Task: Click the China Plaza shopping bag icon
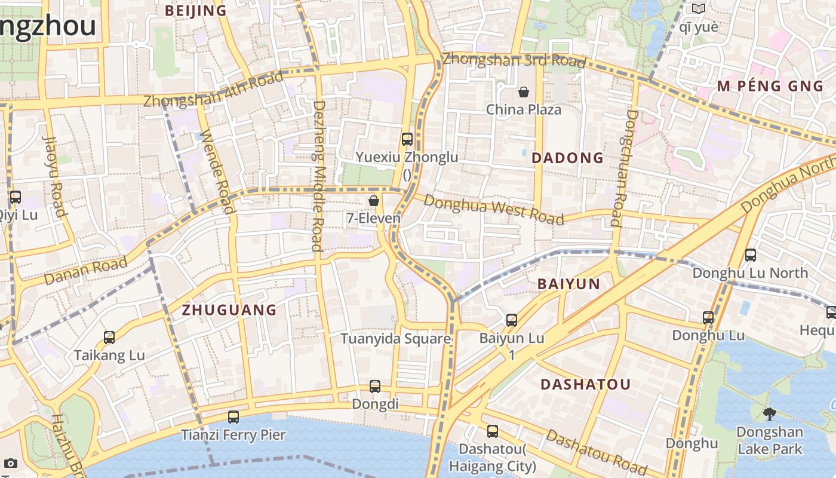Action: click(524, 92)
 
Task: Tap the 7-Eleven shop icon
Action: click(374, 201)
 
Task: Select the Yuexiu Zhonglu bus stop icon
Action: click(407, 139)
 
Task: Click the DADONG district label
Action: click(567, 158)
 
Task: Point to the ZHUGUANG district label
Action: click(229, 310)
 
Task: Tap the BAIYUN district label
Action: click(568, 284)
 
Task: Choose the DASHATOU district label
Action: click(585, 385)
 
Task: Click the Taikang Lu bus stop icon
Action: click(109, 338)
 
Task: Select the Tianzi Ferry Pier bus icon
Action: click(233, 417)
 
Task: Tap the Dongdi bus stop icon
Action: click(375, 387)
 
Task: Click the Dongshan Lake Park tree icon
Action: click(770, 414)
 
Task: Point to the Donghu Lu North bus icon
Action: click(751, 255)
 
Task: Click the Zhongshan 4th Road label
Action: click(213, 90)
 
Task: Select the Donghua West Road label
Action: click(493, 209)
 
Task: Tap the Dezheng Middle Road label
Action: click(318, 176)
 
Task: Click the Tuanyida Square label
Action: click(395, 339)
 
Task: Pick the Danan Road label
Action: click(86, 271)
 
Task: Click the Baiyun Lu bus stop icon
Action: click(512, 320)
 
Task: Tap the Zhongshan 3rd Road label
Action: click(514, 60)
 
